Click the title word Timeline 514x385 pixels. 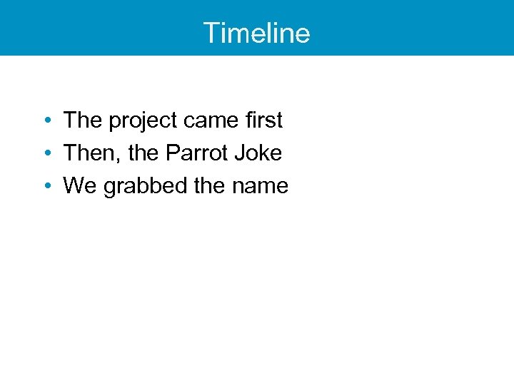256,33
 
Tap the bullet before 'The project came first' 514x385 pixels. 46,120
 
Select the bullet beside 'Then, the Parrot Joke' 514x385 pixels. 46,153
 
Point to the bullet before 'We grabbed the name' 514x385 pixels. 46,186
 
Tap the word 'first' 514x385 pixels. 264,120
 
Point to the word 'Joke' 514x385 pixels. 261,153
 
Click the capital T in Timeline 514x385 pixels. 212,33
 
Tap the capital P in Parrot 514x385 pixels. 173,153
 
